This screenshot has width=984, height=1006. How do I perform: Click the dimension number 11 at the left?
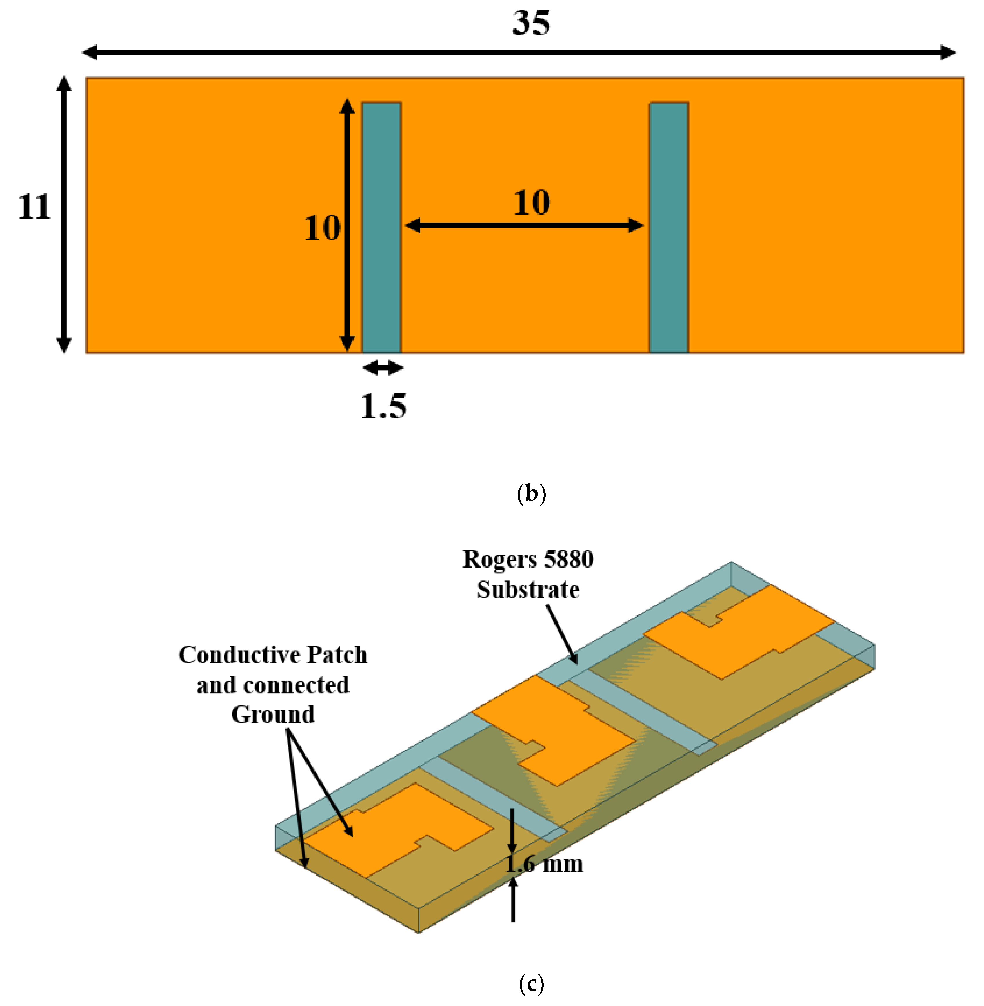pos(34,207)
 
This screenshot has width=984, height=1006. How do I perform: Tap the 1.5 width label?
pos(383,406)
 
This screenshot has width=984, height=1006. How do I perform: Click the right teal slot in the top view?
pos(669,228)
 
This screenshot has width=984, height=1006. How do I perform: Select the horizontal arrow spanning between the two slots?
pos(524,225)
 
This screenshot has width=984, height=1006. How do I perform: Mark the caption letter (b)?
pos(531,494)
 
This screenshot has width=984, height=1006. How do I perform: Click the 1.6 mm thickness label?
pos(544,864)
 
